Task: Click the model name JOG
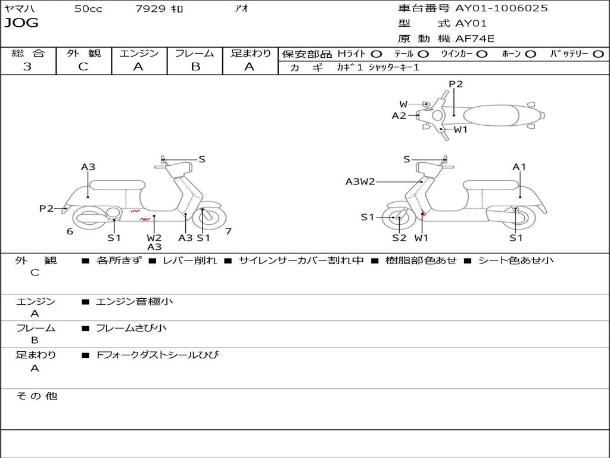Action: point(21,23)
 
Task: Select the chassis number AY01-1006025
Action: point(502,8)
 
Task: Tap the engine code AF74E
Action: point(475,39)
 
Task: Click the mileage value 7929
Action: point(150,8)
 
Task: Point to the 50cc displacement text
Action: point(88,8)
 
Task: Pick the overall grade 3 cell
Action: point(27,66)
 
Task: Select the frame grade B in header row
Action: point(195,67)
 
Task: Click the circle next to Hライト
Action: point(376,54)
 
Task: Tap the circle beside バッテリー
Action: point(599,54)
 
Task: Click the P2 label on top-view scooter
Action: point(456,84)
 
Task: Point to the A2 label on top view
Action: point(399,116)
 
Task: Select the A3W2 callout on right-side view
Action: point(360,181)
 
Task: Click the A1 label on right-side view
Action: point(519,167)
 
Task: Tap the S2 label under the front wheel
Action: point(399,237)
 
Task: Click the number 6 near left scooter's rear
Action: point(70,231)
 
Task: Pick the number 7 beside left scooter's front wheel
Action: point(228,231)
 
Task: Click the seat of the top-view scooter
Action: point(491,116)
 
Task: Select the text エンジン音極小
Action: point(134,301)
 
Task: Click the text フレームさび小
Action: point(131,329)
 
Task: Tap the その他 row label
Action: point(37,396)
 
